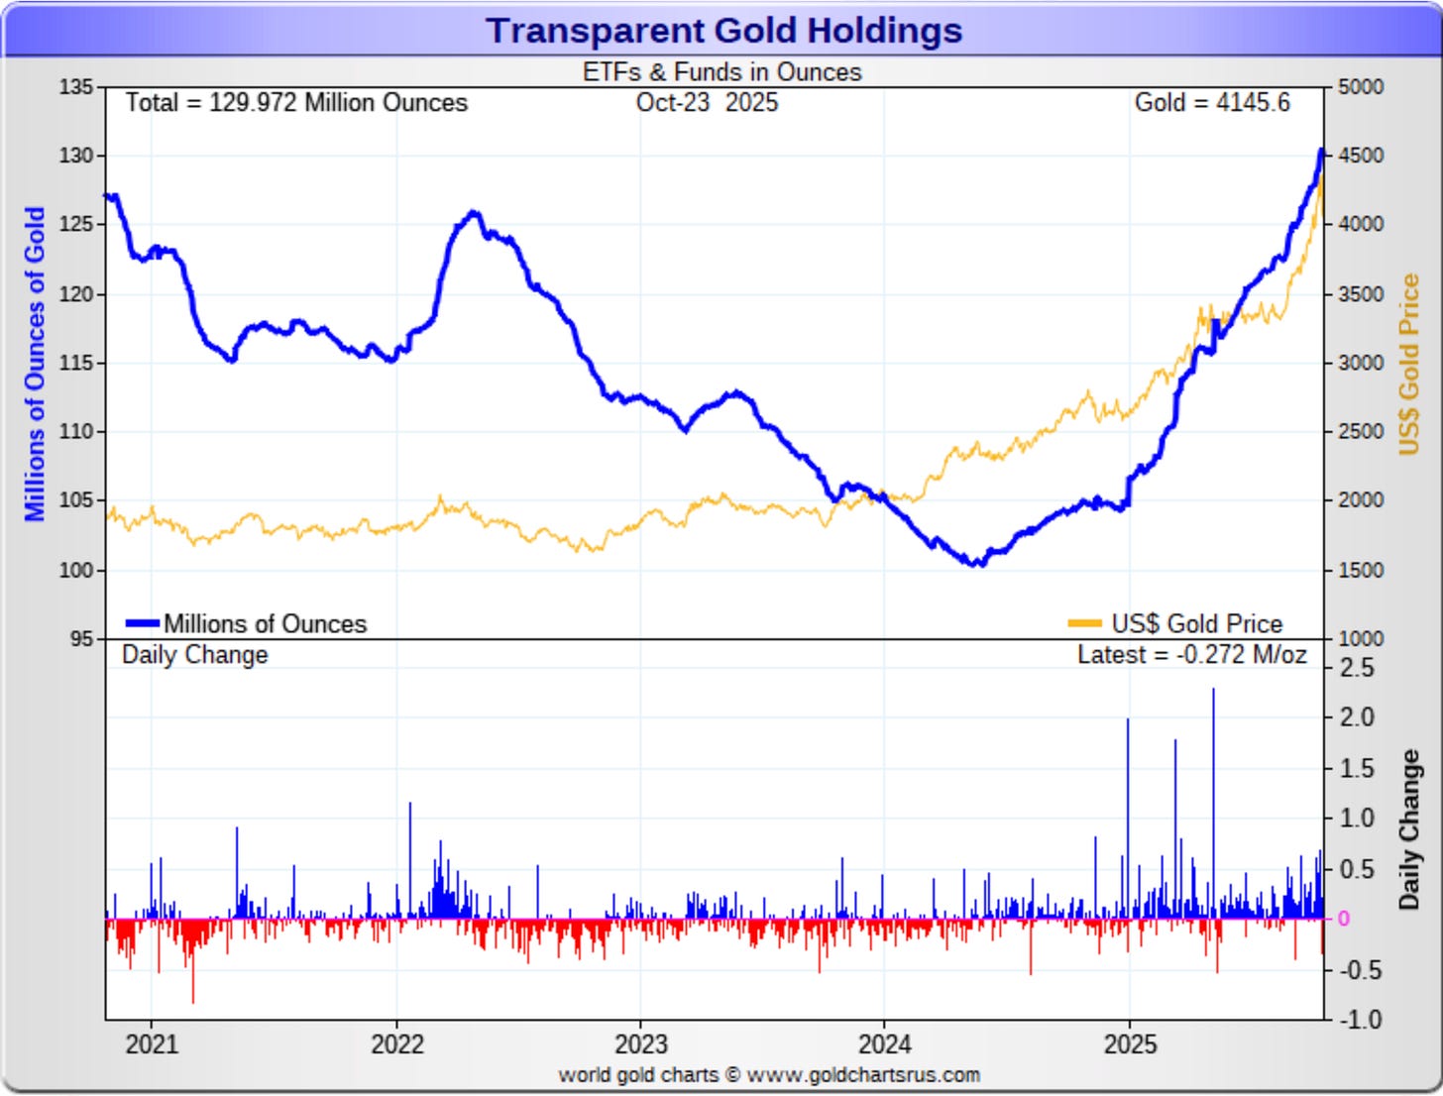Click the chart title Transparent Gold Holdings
coord(723,31)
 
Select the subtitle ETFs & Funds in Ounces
coord(721,72)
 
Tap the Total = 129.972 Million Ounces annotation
coord(296,103)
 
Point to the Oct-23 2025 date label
coord(707,103)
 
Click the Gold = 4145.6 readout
coord(1211,103)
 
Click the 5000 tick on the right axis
coord(1361,87)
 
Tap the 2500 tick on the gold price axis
coord(1361,432)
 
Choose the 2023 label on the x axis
coord(640,1044)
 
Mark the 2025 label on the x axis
coord(1130,1044)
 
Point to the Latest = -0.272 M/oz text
coord(1191,655)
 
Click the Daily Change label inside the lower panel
coord(194,655)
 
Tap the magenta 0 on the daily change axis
coord(1343,919)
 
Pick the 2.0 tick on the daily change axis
coord(1357,717)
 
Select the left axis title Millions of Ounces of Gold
coord(35,363)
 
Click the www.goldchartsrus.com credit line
coord(768,1075)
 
